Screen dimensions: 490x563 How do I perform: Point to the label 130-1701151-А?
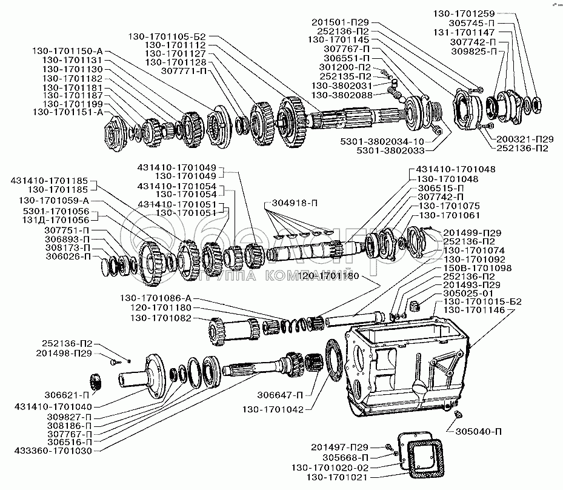tap(68, 112)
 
